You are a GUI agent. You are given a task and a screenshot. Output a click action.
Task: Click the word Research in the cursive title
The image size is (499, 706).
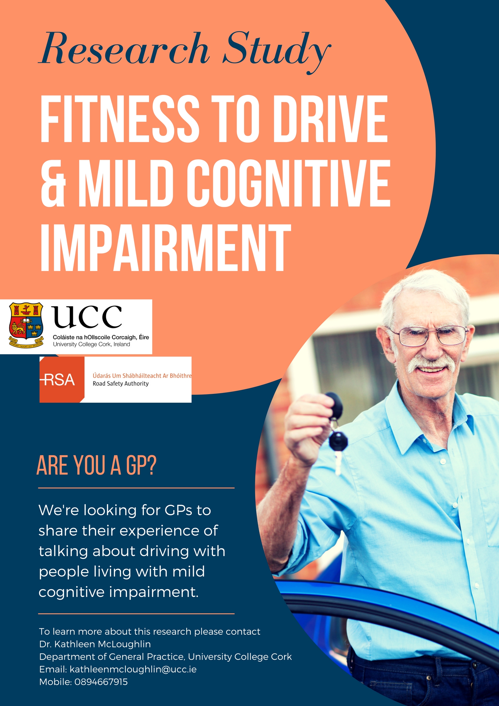tap(124, 49)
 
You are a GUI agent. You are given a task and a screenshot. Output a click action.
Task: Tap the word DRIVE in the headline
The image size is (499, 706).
tap(330, 119)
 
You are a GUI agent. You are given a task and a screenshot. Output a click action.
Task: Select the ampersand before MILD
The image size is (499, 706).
tap(53, 183)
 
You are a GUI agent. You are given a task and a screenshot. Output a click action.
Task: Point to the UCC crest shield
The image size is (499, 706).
tap(26, 325)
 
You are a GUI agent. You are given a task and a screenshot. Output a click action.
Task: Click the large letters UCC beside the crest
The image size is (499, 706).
tap(87, 317)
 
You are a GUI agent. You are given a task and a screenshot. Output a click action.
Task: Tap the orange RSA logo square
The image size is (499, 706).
tap(62, 379)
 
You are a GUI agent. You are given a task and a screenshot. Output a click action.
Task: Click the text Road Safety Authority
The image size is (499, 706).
tap(121, 384)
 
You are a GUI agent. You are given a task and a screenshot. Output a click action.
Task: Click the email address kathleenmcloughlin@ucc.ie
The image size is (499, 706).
tap(133, 670)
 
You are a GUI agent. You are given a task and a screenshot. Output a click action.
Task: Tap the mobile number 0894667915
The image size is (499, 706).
tap(101, 682)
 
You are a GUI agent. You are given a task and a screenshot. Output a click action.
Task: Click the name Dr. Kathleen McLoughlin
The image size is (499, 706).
tap(95, 644)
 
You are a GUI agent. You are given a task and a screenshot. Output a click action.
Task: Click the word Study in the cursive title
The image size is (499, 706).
tap(277, 52)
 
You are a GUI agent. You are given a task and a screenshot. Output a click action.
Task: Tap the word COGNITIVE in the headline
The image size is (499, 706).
tap(288, 183)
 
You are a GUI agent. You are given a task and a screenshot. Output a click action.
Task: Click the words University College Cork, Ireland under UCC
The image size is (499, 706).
tap(91, 345)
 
